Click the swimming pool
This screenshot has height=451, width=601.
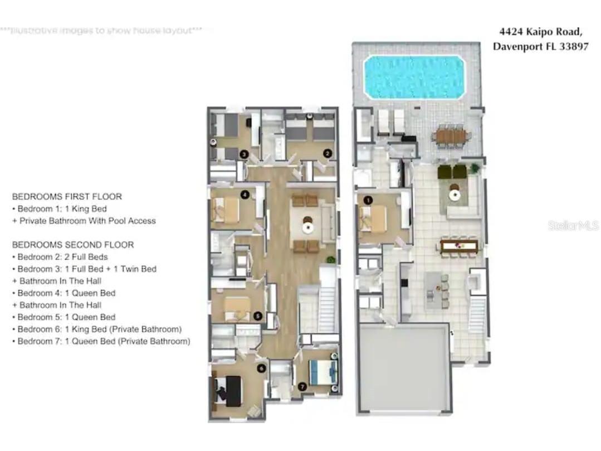point(414,76)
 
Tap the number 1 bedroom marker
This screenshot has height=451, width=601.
point(368,200)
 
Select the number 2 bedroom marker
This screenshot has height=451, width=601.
point(328,153)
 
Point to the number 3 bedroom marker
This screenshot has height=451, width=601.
point(243,154)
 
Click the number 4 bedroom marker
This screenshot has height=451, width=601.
point(245,195)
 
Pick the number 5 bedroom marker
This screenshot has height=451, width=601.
point(257,316)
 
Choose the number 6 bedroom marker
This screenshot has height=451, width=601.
point(261,368)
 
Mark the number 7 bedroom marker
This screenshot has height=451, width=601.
point(302,386)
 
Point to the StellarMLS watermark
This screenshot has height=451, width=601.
point(573,225)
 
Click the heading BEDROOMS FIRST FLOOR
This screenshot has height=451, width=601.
point(67,197)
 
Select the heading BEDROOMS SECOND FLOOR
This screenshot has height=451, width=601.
point(73,245)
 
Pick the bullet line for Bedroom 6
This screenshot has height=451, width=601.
point(99,329)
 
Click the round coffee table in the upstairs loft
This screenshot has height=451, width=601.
point(308,227)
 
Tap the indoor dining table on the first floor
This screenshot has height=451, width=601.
point(459,245)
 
